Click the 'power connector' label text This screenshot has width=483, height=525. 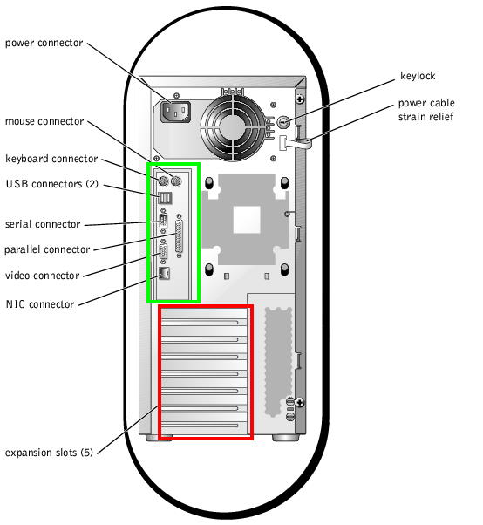44,44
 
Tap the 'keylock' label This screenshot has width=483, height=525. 418,76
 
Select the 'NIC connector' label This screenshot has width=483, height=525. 40,304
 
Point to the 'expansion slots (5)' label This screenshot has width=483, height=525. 49,453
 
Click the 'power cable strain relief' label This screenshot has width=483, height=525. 426,110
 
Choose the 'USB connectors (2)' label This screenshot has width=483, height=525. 52,184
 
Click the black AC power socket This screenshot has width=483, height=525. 175,112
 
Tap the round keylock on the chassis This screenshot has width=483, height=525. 283,122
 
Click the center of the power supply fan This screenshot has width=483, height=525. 233,126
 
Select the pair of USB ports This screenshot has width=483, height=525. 165,198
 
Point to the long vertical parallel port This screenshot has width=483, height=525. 179,235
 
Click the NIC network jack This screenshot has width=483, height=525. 164,274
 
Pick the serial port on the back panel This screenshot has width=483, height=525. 163,222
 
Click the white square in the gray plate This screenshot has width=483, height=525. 247,220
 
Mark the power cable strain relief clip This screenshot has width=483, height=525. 296,143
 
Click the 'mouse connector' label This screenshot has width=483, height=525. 44,121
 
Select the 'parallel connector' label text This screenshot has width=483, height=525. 47,249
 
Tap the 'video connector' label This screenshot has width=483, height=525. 43,276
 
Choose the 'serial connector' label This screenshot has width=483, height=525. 43,224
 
